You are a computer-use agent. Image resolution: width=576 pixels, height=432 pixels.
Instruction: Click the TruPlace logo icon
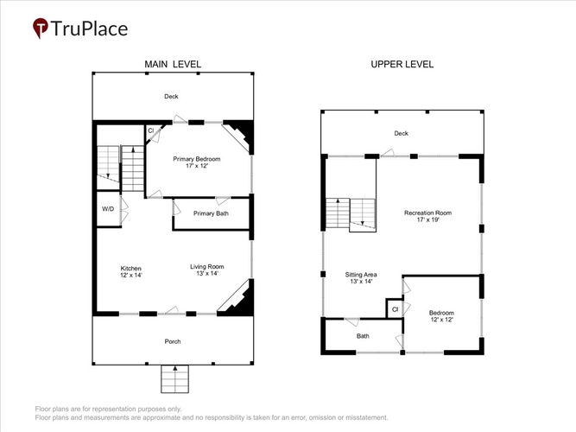click(x=41, y=28)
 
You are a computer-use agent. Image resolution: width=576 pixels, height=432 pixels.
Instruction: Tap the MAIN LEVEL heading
click(x=173, y=64)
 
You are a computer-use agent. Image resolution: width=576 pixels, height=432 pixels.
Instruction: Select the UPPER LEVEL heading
click(x=402, y=64)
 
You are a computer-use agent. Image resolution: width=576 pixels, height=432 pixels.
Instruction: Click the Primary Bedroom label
click(x=197, y=159)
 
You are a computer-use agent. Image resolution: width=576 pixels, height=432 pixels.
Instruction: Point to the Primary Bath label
click(x=211, y=213)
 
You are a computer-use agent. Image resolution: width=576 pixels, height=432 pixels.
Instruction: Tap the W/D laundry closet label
click(x=108, y=209)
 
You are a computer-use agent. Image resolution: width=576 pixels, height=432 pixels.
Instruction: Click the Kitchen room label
click(x=130, y=269)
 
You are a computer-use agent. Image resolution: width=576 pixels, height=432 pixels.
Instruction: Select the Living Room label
click(x=206, y=267)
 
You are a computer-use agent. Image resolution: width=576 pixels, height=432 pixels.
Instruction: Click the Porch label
click(x=173, y=341)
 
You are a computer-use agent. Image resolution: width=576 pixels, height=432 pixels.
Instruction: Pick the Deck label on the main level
click(x=171, y=96)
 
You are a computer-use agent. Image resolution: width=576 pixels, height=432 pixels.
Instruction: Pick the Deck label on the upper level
click(x=402, y=133)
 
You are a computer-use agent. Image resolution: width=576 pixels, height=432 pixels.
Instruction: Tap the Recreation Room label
click(x=428, y=213)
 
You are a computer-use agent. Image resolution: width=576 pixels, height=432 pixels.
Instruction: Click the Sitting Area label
click(x=361, y=275)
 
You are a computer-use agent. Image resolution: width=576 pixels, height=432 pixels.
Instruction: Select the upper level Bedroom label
click(x=441, y=313)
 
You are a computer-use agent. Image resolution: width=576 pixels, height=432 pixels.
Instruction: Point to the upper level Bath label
click(x=363, y=336)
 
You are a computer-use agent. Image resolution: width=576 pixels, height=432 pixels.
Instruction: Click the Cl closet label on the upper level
click(x=395, y=309)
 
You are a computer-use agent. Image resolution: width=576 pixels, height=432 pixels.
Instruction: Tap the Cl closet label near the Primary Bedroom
click(x=150, y=130)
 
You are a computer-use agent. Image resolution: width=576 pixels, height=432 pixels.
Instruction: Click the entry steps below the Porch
click(x=174, y=379)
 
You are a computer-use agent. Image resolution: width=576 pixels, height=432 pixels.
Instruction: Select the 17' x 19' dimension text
click(x=428, y=219)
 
